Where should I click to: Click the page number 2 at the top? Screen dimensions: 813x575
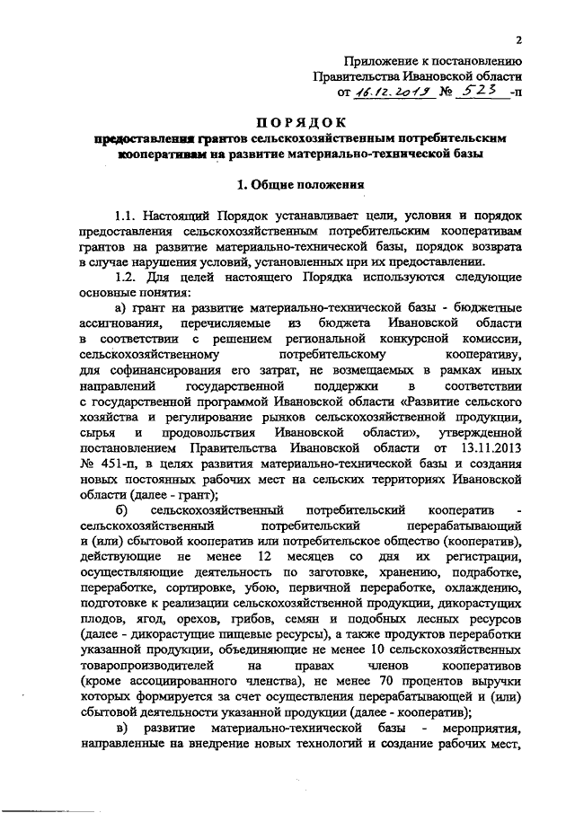coord(519,40)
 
